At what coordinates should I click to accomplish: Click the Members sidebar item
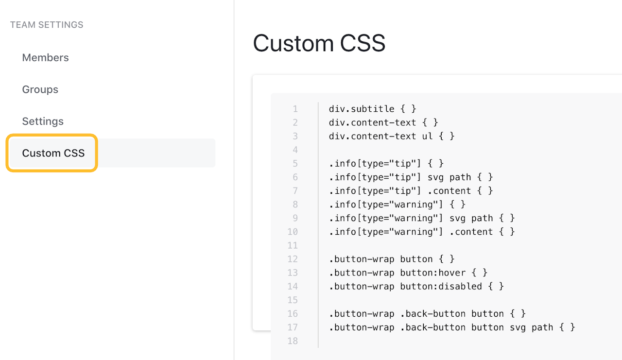pos(45,57)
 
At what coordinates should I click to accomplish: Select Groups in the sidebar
pos(40,89)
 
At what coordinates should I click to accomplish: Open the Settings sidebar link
pos(43,121)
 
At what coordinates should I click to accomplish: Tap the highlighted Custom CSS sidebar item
pos(53,153)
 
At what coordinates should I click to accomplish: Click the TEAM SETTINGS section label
pos(47,25)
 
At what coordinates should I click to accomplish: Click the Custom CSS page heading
pos(319,43)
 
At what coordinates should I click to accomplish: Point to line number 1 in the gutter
pos(295,109)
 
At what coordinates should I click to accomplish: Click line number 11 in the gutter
pos(293,245)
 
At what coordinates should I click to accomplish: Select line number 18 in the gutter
pos(293,341)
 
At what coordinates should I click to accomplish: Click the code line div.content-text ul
pos(391,136)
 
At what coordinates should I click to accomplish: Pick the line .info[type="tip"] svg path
pos(411,177)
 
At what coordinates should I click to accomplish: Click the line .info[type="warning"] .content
pos(421,232)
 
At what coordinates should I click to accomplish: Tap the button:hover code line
pos(408,273)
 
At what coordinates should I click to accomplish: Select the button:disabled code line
pos(416,286)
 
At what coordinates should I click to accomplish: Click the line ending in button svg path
pos(452,327)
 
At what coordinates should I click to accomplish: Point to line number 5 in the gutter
pos(295,164)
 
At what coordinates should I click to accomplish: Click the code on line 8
pos(397,205)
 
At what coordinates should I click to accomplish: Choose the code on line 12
pos(392,259)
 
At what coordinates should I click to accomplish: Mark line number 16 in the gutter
pos(293,314)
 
